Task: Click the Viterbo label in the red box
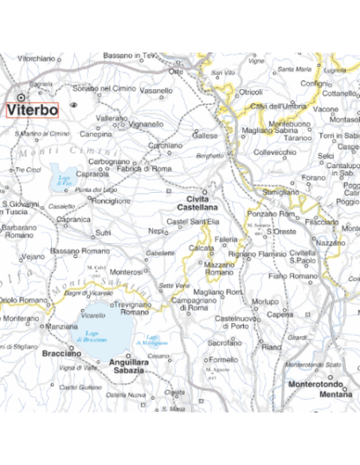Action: pyautogui.click(x=33, y=110)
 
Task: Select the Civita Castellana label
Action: pyautogui.click(x=202, y=202)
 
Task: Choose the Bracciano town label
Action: pyautogui.click(x=63, y=352)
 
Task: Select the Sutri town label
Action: pyautogui.click(x=103, y=233)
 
